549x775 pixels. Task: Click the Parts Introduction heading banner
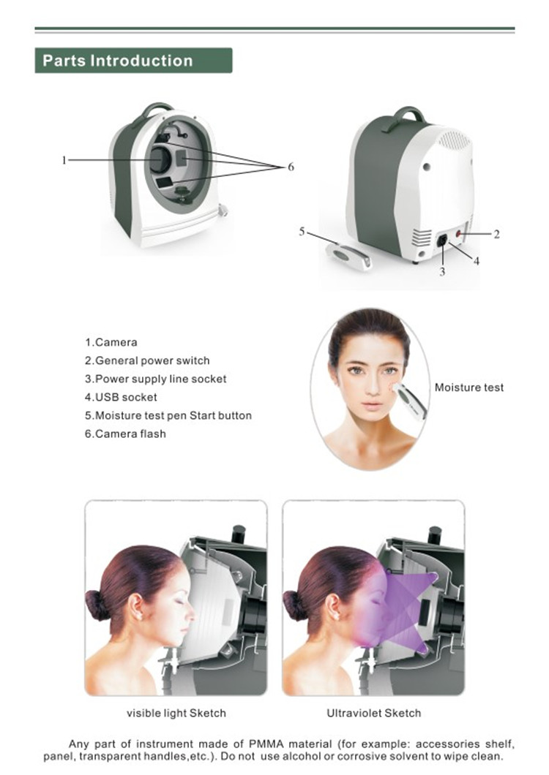coord(133,61)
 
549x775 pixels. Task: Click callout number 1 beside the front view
coord(64,159)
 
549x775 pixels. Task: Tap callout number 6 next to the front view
coord(291,167)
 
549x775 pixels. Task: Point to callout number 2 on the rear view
coord(496,235)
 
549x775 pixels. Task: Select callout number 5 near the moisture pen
coord(302,232)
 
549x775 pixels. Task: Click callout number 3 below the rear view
coord(442,272)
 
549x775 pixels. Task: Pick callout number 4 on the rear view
coord(477,260)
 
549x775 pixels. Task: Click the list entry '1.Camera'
coord(111,342)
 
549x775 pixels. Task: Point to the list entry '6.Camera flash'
coord(125,434)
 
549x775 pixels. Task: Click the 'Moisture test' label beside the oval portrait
coord(469,387)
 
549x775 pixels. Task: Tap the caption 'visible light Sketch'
coord(176,713)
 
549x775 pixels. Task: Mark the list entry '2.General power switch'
coord(147,360)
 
